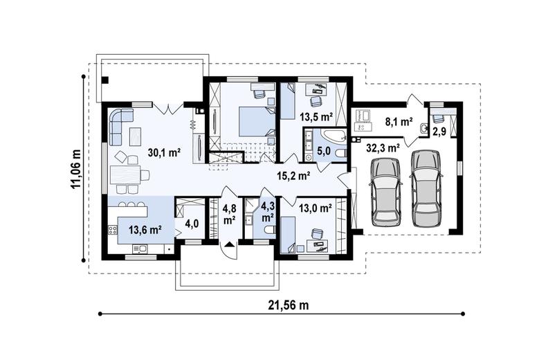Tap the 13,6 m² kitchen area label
pyautogui.click(x=145, y=228)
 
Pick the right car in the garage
pyautogui.click(x=426, y=188)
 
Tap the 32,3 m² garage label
pyautogui.click(x=383, y=147)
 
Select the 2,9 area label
pyautogui.click(x=439, y=131)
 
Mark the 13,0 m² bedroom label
pyautogui.click(x=316, y=206)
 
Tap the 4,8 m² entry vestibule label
pyautogui.click(x=229, y=214)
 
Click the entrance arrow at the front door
pyautogui.click(x=229, y=243)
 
